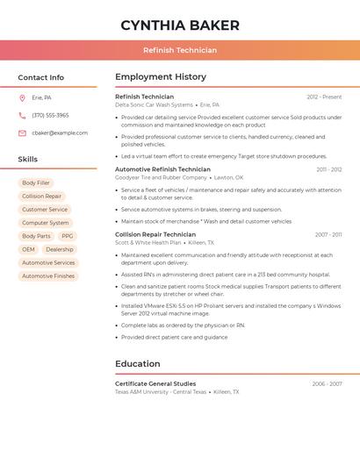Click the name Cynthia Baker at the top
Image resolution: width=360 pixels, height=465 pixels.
tap(180, 25)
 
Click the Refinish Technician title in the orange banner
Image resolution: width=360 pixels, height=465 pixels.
tap(180, 50)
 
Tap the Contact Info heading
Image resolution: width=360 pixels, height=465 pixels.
tap(40, 77)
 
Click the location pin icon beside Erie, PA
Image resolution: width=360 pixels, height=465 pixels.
tap(22, 97)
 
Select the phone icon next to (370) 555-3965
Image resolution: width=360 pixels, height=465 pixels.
tap(22, 115)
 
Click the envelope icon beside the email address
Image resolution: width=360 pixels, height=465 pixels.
tap(22, 133)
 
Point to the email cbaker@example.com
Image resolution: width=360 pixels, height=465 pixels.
tap(60, 133)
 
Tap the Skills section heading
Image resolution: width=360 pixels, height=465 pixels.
tap(28, 160)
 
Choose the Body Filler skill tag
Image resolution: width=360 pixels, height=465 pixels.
tap(36, 182)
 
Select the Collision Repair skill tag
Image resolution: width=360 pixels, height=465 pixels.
tap(41, 197)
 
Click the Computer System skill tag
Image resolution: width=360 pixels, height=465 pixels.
tap(45, 223)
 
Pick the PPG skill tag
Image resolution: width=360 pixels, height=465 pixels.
tap(68, 236)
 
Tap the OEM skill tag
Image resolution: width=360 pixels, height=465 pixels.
tap(29, 249)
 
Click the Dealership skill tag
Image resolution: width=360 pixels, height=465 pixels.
tap(60, 249)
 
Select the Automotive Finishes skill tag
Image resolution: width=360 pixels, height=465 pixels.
tap(48, 275)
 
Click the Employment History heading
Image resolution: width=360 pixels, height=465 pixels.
tap(161, 77)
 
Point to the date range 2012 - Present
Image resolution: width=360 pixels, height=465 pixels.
tap(324, 97)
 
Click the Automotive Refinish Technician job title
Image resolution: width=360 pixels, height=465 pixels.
tap(162, 169)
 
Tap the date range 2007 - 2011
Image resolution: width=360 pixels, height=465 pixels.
tap(328, 235)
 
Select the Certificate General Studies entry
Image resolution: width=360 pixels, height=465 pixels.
tap(155, 383)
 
